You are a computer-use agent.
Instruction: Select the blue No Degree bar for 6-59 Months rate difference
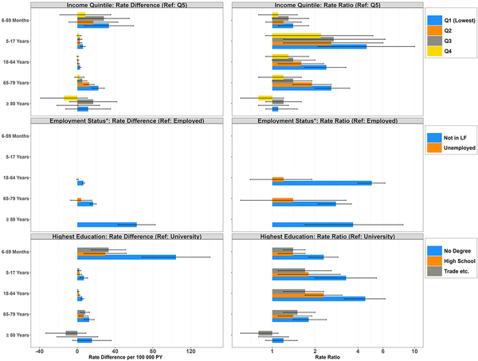126,257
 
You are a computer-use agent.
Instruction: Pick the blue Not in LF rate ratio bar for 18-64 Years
322,182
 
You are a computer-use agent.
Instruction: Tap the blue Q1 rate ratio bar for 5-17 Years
319,46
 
